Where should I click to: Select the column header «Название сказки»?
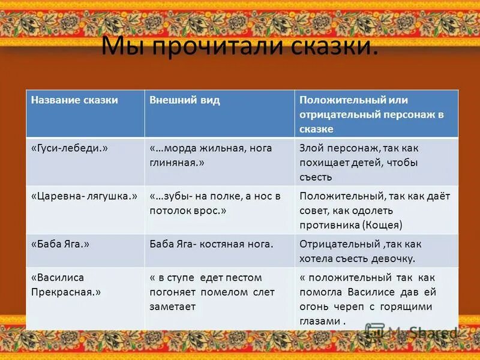pyautogui.click(x=74, y=100)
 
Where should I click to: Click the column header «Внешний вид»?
pyautogui.click(x=184, y=100)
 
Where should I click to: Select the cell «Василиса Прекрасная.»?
pyautogui.click(x=65, y=284)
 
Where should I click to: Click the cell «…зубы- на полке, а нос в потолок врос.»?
pyautogui.click(x=214, y=203)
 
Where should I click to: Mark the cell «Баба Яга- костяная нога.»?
pyautogui.click(x=211, y=244)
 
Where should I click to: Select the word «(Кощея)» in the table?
pyautogui.click(x=382, y=225)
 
